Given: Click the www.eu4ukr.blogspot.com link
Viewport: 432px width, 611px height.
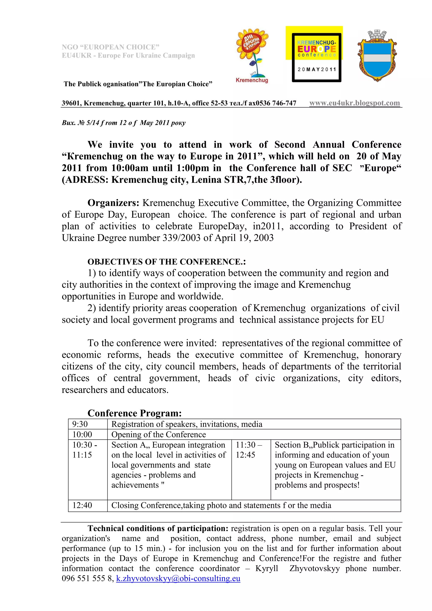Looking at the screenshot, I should pyautogui.click(x=354, y=103).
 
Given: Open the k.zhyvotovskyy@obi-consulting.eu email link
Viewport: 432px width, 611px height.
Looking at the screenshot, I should pyautogui.click(x=178, y=578).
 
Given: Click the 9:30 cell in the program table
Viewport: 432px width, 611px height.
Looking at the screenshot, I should pyautogui.click(x=80, y=424).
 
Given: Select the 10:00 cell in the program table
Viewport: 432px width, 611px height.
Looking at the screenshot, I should pyautogui.click(x=82, y=435).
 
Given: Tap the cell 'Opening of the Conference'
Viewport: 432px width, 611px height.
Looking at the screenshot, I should pyautogui.click(x=159, y=435).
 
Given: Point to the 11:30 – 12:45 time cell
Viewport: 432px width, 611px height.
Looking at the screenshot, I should pyautogui.click(x=249, y=450).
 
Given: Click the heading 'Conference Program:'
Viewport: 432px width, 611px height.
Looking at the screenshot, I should pyautogui.click(x=134, y=413).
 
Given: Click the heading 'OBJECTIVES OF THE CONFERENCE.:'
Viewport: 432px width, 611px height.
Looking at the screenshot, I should pyautogui.click(x=167, y=262).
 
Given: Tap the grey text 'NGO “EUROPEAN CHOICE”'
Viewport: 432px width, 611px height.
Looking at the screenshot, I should pyautogui.click(x=111, y=47).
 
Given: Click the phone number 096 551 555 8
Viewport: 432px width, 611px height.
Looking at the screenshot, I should pyautogui.click(x=88, y=578).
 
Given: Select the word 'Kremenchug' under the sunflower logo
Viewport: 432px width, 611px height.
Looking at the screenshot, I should pyautogui.click(x=252, y=80).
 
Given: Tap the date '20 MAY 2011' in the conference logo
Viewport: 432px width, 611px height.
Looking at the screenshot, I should pyautogui.click(x=317, y=69).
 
